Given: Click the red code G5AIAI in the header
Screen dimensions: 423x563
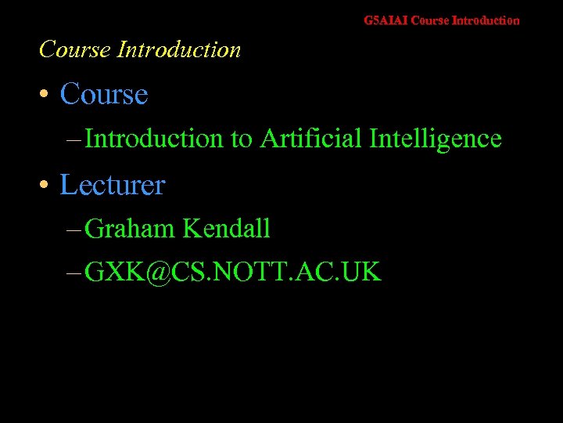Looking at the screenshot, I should [x=386, y=20].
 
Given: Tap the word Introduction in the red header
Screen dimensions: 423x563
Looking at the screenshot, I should [x=486, y=20].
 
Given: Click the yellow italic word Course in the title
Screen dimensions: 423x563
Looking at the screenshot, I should [x=75, y=49].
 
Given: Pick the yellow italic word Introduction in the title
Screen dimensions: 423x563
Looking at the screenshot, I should [x=178, y=49].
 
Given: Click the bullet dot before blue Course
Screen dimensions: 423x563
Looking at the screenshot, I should [x=46, y=96].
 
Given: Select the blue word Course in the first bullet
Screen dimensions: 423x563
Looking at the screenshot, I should [x=104, y=95].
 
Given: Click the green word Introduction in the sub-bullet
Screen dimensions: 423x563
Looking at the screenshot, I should [x=154, y=139].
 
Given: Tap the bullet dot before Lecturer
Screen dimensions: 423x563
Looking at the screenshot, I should [x=46, y=186].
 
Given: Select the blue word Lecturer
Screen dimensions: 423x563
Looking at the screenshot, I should [x=113, y=186].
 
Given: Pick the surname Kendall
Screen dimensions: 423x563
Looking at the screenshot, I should [x=227, y=229].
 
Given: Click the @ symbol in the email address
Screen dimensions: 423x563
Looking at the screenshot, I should [x=158, y=273].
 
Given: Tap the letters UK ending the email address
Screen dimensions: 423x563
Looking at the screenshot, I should [x=362, y=272].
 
